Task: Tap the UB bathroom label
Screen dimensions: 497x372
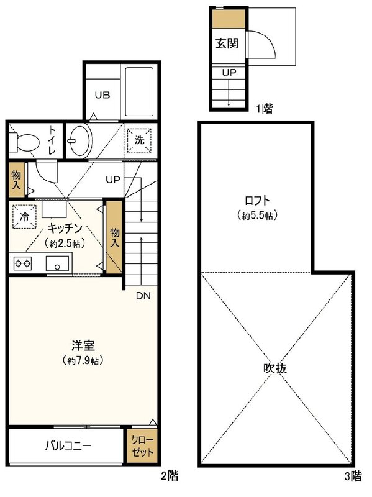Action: (x=102, y=95)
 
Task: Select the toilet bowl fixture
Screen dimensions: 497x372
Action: (x=22, y=142)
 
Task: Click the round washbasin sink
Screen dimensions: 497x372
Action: (x=78, y=139)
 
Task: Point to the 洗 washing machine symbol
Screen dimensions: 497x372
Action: (x=140, y=140)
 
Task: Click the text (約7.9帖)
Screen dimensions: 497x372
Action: (x=83, y=360)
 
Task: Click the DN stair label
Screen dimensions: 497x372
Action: (x=143, y=295)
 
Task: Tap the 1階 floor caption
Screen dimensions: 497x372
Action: (x=263, y=109)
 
